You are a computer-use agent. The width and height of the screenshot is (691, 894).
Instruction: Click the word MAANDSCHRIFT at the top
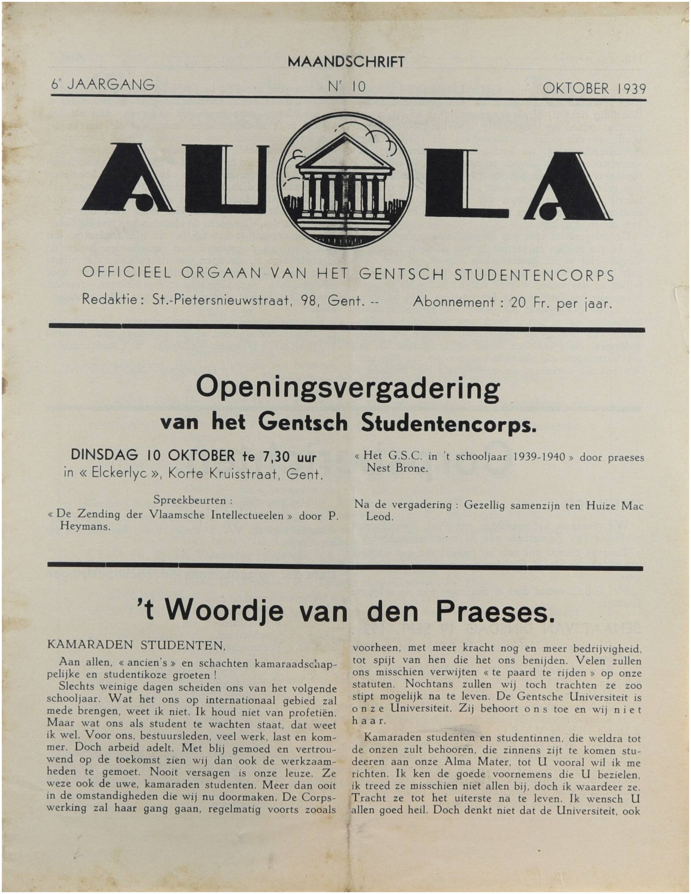[x=346, y=62]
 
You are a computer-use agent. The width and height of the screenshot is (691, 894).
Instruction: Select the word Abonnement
[x=454, y=302]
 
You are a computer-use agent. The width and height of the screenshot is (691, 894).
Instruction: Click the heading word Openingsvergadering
[x=348, y=390]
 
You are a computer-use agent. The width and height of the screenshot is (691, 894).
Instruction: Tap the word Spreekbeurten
[x=190, y=500]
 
